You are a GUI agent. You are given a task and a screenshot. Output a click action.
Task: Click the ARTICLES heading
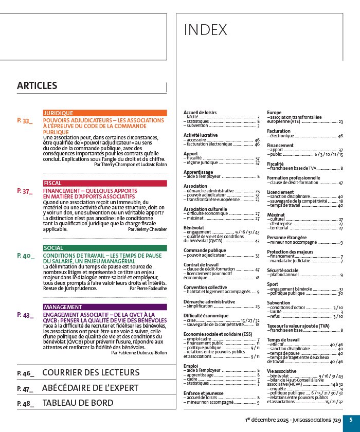tap(37, 86)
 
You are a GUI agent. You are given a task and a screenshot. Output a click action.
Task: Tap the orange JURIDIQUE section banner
tap(105, 113)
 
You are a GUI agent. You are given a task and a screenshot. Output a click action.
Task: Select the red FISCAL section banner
tap(105, 183)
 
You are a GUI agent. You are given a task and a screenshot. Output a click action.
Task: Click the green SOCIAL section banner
tap(105, 248)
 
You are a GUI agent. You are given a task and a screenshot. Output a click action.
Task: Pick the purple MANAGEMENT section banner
tap(105, 307)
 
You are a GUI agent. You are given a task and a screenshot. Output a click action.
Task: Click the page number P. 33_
tap(24, 120)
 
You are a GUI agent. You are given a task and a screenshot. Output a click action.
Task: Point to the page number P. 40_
tap(25, 255)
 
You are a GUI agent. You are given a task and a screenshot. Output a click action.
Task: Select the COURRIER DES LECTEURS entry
tap(91, 372)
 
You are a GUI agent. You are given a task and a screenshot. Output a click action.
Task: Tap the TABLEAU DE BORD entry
tap(78, 403)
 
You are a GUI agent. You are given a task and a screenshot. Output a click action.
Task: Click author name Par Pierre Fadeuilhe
tap(148, 289)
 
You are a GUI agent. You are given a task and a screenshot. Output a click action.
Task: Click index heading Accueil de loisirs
tap(200, 112)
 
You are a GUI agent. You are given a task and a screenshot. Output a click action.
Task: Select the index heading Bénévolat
tap(193, 227)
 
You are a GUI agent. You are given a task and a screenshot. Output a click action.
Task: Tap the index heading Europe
tap(274, 112)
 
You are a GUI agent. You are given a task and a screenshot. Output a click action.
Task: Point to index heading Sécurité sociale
tap(282, 270)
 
